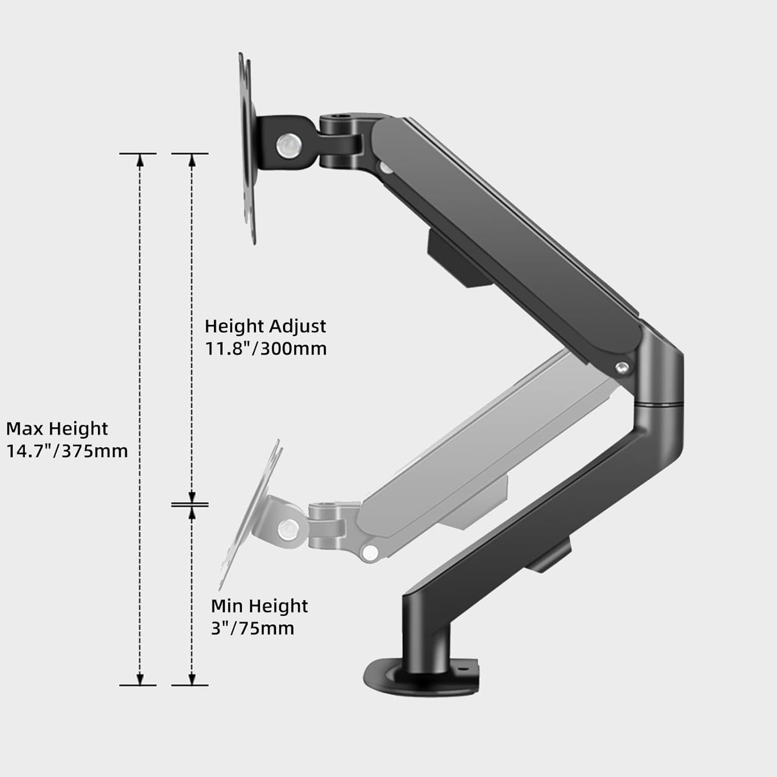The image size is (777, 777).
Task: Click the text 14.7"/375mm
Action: click(x=67, y=451)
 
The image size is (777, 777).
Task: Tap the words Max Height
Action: click(x=57, y=429)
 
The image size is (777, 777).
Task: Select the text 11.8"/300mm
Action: click(x=266, y=348)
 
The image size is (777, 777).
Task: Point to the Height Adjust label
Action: click(x=265, y=326)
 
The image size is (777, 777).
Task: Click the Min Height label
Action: click(x=259, y=605)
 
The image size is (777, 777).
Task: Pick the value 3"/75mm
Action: click(x=252, y=628)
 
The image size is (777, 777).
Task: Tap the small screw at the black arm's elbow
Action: click(x=623, y=367)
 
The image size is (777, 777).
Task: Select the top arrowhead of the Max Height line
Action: click(x=139, y=160)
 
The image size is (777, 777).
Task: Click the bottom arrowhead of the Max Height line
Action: click(x=139, y=679)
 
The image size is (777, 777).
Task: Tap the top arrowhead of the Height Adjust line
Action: click(x=191, y=160)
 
